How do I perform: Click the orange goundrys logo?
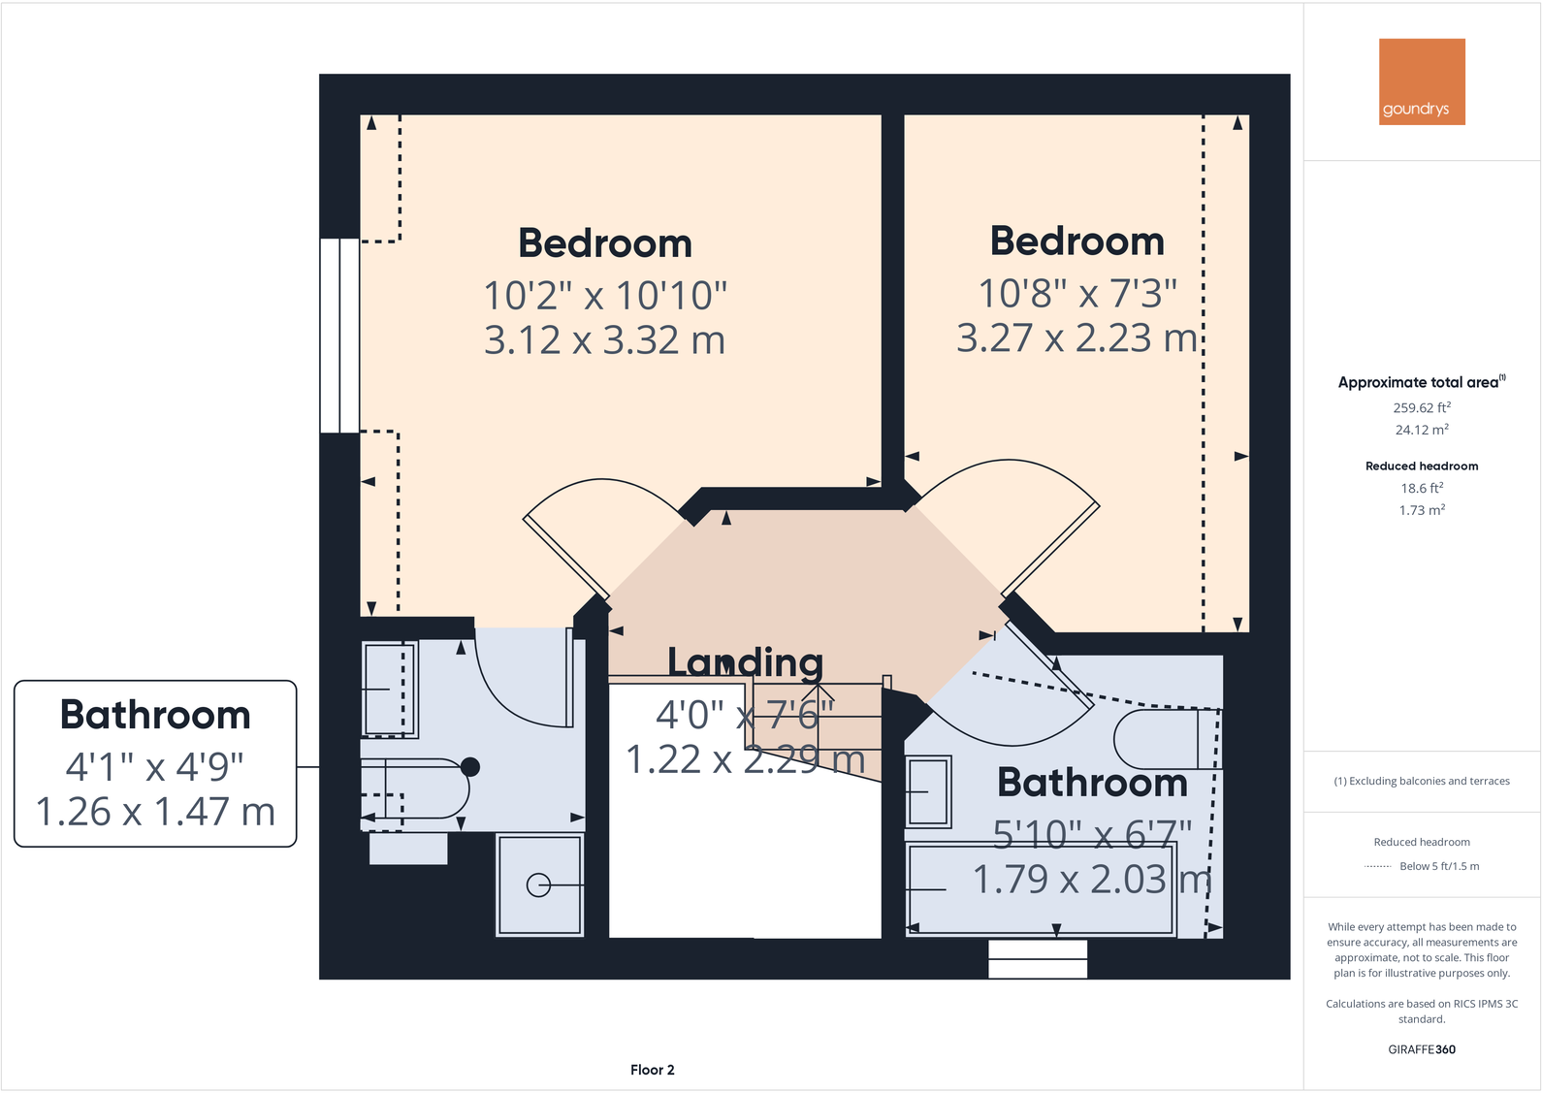(x=1422, y=81)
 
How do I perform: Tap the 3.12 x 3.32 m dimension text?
(x=604, y=340)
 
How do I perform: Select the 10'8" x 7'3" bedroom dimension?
(x=1076, y=292)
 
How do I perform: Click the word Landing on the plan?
(x=745, y=662)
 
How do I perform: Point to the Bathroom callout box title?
(x=155, y=715)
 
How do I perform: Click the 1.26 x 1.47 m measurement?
(x=155, y=812)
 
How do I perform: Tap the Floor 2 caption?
(x=652, y=1070)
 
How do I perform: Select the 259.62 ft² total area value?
(x=1422, y=408)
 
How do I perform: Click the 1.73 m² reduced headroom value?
(x=1422, y=510)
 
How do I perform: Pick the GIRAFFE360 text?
(x=1422, y=1049)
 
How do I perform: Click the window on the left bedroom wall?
(x=339, y=335)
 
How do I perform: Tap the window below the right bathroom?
(x=1038, y=959)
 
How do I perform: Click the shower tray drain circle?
(x=538, y=884)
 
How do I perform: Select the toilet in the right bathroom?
(x=1164, y=739)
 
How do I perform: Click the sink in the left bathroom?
(x=389, y=689)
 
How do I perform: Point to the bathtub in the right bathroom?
(x=1040, y=888)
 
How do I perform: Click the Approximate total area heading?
(x=1418, y=382)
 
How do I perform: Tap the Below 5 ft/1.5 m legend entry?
(x=1439, y=866)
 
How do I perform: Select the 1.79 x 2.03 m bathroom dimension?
(x=1092, y=880)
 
